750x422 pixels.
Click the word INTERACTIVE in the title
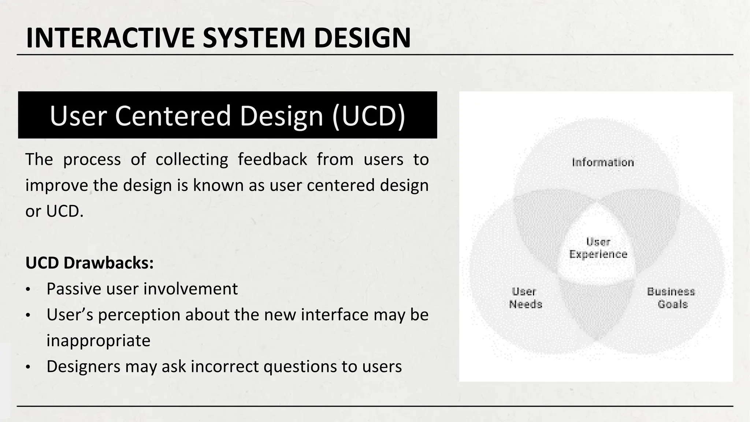click(110, 38)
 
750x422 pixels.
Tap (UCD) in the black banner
click(368, 116)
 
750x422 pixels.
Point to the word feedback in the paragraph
click(272, 160)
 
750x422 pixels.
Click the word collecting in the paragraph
click(192, 160)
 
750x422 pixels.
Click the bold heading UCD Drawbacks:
click(89, 263)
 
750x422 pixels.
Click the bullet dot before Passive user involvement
click(28, 290)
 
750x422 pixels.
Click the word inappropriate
click(98, 341)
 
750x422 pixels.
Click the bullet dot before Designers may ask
click(28, 367)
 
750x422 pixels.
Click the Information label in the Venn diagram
click(603, 163)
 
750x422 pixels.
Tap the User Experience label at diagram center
click(598, 248)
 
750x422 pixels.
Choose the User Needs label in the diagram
click(525, 298)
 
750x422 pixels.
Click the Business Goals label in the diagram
click(671, 298)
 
